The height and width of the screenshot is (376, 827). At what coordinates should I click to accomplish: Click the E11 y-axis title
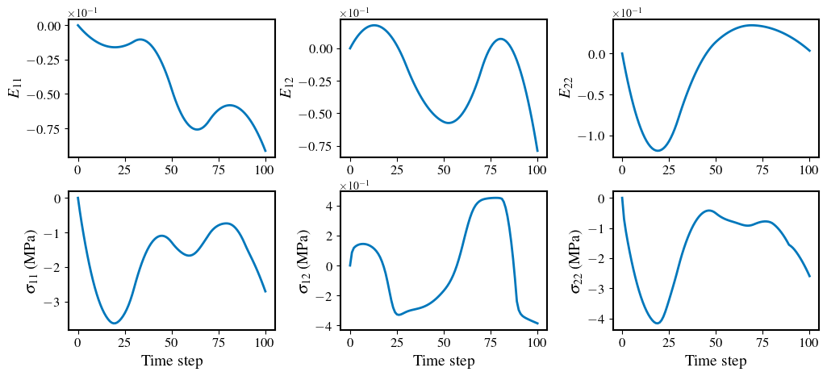[14, 87]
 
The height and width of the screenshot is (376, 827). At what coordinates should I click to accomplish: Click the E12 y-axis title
[286, 87]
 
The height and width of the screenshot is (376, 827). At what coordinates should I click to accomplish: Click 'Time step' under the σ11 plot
[172, 361]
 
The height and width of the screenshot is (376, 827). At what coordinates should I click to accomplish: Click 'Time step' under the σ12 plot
[444, 361]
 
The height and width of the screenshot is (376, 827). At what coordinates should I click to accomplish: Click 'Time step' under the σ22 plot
[716, 361]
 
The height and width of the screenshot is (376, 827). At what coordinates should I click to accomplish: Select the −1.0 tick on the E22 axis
[590, 136]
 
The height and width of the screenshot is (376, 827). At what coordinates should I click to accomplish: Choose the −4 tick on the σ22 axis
[600, 319]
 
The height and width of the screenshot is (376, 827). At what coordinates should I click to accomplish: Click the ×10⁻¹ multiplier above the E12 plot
[353, 12]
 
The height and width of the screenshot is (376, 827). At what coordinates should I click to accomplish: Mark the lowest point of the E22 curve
[659, 151]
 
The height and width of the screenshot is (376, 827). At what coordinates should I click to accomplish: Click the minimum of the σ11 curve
[114, 324]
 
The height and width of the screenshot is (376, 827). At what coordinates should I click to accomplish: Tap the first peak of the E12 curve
[374, 25]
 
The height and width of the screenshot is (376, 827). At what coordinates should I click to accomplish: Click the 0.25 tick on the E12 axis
[320, 81]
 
